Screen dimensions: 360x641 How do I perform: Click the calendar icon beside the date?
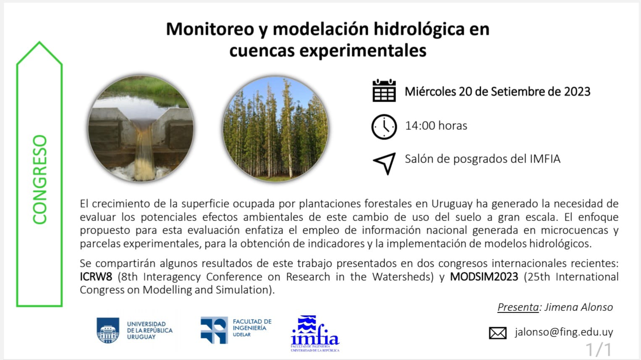[x=384, y=91]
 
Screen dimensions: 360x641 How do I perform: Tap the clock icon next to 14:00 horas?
[x=384, y=126]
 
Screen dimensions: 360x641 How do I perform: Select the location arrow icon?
[x=384, y=163]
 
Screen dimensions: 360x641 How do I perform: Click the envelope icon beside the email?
[x=498, y=333]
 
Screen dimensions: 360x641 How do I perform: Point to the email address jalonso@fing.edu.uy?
[x=564, y=332]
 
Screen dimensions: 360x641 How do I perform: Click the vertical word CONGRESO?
[x=40, y=179]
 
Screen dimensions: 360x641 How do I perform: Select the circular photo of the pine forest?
[x=275, y=129]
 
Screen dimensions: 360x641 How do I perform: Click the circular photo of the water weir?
[x=141, y=129]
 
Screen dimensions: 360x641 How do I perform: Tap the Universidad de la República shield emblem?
[x=108, y=331]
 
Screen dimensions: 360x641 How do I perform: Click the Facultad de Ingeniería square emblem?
[x=214, y=330]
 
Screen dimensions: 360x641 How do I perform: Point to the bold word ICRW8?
[x=96, y=277]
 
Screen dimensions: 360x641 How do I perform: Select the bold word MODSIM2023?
[x=484, y=277]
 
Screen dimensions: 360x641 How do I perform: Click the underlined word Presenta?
[x=518, y=307]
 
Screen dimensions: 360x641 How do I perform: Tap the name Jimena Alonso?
[x=578, y=307]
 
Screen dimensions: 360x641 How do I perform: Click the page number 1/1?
[x=599, y=349]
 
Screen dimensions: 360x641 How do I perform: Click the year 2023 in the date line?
[x=577, y=92]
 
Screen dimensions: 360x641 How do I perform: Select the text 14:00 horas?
[x=436, y=126]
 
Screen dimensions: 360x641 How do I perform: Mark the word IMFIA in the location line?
[x=545, y=159]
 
